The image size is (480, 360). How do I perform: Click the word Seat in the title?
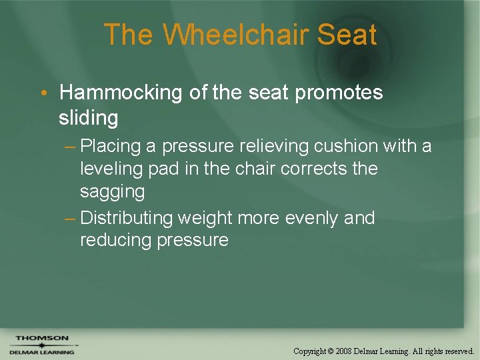tap(347, 35)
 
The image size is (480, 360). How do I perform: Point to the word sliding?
tap(88, 118)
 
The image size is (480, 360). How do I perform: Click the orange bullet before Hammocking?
tap(43, 93)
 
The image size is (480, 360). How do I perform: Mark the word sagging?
tap(112, 192)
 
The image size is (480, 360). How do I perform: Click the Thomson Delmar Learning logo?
tap(42, 345)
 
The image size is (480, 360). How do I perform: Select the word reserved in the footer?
tap(458, 351)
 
